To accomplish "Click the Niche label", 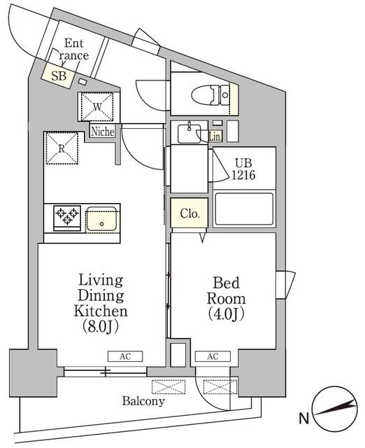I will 103,131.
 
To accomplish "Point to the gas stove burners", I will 66,217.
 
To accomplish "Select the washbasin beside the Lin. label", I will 189,133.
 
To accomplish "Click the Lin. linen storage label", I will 215,137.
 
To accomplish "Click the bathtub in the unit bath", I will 243,209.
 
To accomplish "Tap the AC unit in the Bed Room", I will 213,356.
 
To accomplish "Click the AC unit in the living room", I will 125,356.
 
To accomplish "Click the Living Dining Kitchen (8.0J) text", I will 102,303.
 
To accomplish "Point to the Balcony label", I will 143,401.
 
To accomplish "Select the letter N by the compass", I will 303,420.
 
